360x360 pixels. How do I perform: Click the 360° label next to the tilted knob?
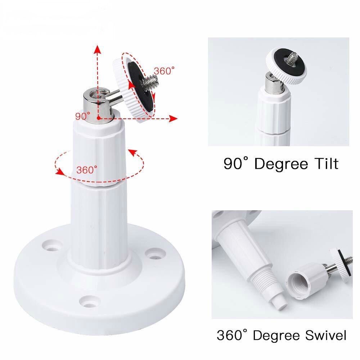[x=165, y=71]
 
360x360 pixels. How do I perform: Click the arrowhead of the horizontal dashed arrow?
[x=174, y=118]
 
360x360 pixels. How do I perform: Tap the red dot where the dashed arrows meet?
[x=98, y=118]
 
